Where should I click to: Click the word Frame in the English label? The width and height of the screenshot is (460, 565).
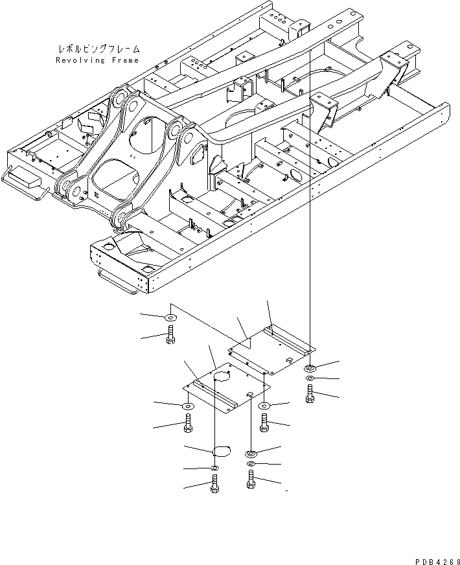[x=124, y=60]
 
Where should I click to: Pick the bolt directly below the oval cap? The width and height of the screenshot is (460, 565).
[x=214, y=484]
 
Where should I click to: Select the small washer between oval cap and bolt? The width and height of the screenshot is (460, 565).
[x=214, y=468]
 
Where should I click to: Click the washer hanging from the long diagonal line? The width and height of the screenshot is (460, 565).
[x=170, y=317]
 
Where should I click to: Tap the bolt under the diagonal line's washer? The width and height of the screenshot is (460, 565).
[x=170, y=335]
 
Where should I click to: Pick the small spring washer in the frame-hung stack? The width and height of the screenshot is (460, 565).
[x=310, y=378]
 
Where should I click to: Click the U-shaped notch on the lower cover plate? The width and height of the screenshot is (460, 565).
[x=251, y=394]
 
